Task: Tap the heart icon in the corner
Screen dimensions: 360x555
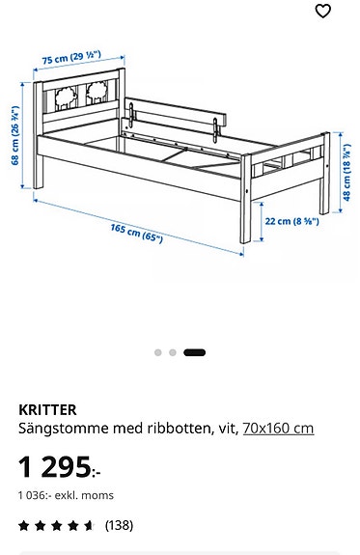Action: click(323, 12)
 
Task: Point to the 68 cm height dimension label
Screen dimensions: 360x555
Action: click(15, 134)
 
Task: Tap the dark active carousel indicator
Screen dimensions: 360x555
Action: click(194, 352)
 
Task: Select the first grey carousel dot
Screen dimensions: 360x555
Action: click(158, 352)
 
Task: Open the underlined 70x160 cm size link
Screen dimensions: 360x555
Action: click(278, 428)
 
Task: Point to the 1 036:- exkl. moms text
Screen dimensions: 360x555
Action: click(66, 495)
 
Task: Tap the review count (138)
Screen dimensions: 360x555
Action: click(119, 526)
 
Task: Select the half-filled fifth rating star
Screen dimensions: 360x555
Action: click(89, 526)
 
